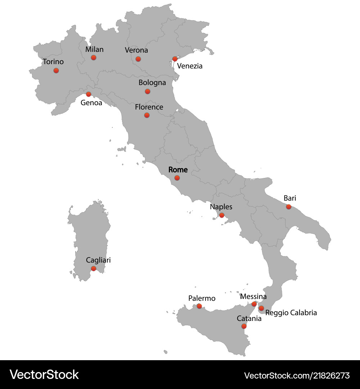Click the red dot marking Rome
tap(177, 178)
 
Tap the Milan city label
tap(94, 49)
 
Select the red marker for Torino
tap(56, 70)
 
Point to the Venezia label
tap(190, 66)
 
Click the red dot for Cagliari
tap(94, 268)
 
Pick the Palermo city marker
tap(199, 306)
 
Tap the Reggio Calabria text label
tap(291, 313)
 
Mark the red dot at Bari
tap(289, 206)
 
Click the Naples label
tap(221, 207)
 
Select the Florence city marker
tap(147, 115)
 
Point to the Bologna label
tap(152, 82)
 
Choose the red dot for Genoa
tap(89, 94)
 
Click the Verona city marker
tap(138, 59)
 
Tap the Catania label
tap(249, 318)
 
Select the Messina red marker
tap(254, 304)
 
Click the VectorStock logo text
tap(44, 375)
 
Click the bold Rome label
tap(178, 169)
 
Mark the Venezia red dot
tap(175, 59)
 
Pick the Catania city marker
tap(244, 326)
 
